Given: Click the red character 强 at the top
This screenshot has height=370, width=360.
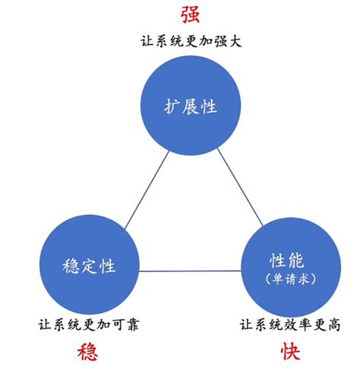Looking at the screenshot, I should pyautogui.click(x=191, y=13).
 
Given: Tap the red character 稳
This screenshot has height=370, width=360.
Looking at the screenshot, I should pyautogui.click(x=88, y=352).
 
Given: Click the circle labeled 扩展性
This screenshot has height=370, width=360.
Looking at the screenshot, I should pyautogui.click(x=191, y=106).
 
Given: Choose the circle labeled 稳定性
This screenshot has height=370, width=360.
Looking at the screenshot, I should pyautogui.click(x=89, y=265).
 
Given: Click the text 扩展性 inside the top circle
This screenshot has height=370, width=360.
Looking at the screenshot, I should pyautogui.click(x=191, y=106).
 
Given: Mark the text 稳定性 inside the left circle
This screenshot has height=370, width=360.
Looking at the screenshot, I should pyautogui.click(x=89, y=267).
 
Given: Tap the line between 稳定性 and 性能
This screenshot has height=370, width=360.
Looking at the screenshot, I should pyautogui.click(x=189, y=270).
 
